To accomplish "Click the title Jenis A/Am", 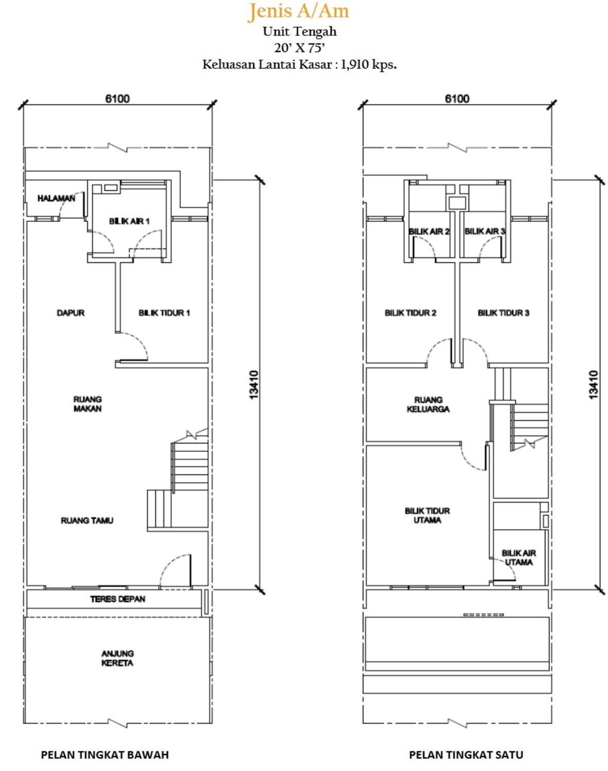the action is (x=298, y=11).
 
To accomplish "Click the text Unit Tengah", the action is (x=300, y=31).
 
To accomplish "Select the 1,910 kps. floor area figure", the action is (x=368, y=64).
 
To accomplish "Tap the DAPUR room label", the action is (x=70, y=313).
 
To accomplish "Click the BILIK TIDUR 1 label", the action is (x=164, y=313).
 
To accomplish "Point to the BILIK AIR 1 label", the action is (x=129, y=221).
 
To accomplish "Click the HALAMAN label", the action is (x=56, y=198).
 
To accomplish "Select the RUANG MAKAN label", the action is (x=87, y=404).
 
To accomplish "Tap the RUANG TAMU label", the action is (x=87, y=520).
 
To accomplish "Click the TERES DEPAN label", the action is (x=118, y=599).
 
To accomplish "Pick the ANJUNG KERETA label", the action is (x=117, y=658).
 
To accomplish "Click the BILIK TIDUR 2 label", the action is (x=410, y=313).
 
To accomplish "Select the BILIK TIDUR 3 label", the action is (x=503, y=313).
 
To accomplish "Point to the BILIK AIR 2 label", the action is (x=429, y=231).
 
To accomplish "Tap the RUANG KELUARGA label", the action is (x=428, y=405).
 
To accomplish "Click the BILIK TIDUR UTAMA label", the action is (x=427, y=515).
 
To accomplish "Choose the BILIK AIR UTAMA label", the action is (x=518, y=558).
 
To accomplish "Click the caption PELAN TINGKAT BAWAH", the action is (x=105, y=755).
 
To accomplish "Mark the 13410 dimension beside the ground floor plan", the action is (x=254, y=385).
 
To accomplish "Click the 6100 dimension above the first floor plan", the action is (x=457, y=99).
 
